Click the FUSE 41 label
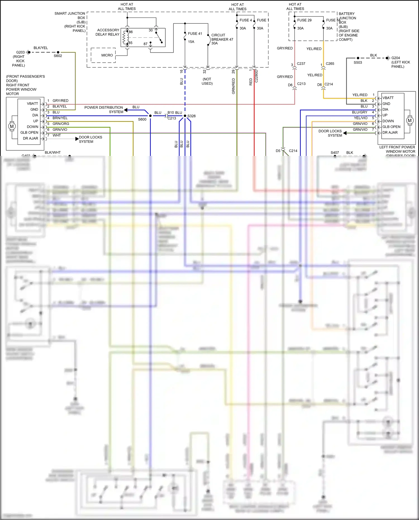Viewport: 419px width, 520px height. [x=195, y=34]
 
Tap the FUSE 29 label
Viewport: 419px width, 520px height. [x=304, y=20]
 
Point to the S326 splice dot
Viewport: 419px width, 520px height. [x=185, y=116]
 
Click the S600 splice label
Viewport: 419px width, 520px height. [x=142, y=119]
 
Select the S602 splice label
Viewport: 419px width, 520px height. [x=58, y=56]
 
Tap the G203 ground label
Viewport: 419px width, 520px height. [x=20, y=52]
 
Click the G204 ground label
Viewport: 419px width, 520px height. [x=396, y=58]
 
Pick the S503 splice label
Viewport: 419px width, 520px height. [x=358, y=62]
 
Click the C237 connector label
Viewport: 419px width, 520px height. [x=301, y=64]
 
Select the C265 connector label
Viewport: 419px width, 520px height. [x=330, y=64]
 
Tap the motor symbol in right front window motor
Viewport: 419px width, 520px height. [x=12, y=126]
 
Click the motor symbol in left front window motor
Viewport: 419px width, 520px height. [x=410, y=121]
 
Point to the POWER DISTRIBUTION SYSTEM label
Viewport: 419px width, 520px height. [x=104, y=110]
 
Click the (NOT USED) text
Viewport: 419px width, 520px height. [x=207, y=81]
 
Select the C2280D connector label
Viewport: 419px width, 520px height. [x=256, y=76]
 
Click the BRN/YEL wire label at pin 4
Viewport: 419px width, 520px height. [x=60, y=118]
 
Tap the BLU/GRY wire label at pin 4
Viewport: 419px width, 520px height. [x=360, y=112]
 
